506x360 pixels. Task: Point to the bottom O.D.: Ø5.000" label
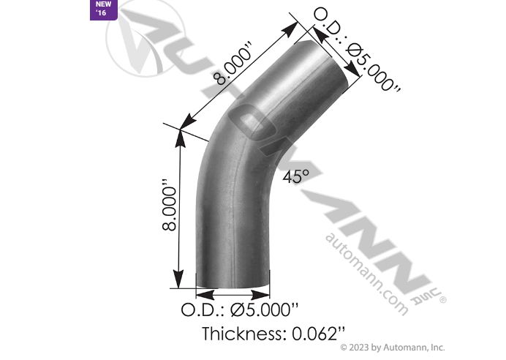(243, 309)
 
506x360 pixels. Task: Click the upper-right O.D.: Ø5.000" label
(357, 49)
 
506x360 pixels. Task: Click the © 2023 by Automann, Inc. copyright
(393, 347)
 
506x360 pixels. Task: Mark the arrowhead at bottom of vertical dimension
(177, 281)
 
